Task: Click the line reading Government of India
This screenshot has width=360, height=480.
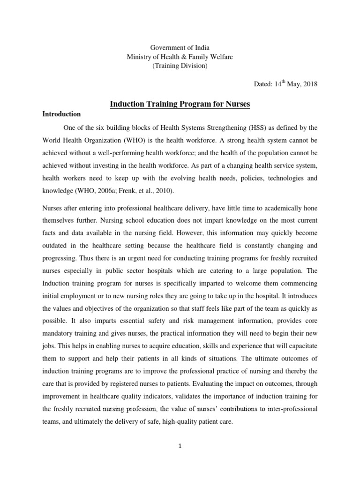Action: point(180,48)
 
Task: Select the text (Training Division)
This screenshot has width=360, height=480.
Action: point(180,66)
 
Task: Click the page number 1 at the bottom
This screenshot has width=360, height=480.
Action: point(180,446)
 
